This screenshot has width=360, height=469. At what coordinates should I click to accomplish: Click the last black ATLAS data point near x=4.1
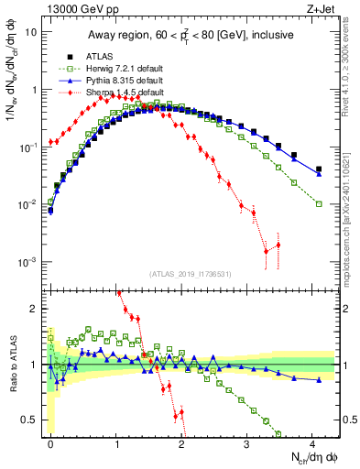319,169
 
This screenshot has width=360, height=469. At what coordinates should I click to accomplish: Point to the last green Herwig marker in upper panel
319,203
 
